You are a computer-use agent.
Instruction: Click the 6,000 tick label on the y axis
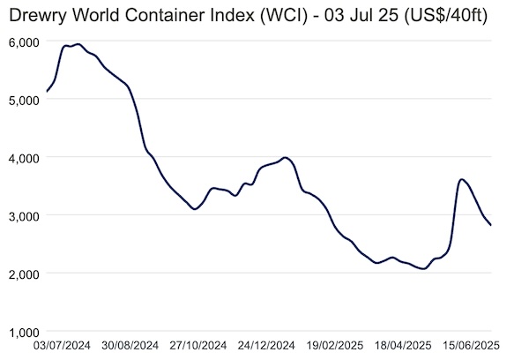pyautogui.click(x=23, y=43)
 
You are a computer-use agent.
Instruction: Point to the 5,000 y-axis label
pyautogui.click(x=23, y=101)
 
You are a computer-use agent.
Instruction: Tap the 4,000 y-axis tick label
pyautogui.click(x=23, y=159)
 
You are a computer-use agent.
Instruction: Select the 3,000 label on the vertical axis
pyautogui.click(x=23, y=217)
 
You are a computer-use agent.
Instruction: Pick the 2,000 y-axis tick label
pyautogui.click(x=23, y=275)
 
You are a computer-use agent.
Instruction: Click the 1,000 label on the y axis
pyautogui.click(x=23, y=333)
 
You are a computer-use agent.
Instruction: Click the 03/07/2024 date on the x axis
pyautogui.click(x=62, y=346)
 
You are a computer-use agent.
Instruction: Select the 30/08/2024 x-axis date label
pyautogui.click(x=130, y=346)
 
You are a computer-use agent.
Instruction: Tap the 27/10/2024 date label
pyautogui.click(x=198, y=346)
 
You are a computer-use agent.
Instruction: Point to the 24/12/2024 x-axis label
pyautogui.click(x=266, y=346)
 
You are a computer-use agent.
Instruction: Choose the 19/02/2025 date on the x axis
pyautogui.click(x=335, y=346)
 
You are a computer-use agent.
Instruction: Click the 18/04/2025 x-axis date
pyautogui.click(x=403, y=346)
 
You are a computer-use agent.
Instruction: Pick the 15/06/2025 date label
pyautogui.click(x=472, y=346)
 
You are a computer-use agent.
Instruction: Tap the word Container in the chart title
pyautogui.click(x=166, y=15)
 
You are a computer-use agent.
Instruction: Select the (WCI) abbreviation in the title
pyautogui.click(x=284, y=16)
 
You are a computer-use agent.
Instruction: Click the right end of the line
pyautogui.click(x=491, y=225)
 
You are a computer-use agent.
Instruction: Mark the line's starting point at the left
pyautogui.click(x=47, y=92)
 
